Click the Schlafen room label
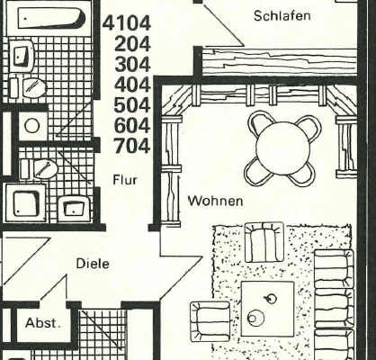(x=282, y=15)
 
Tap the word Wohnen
(x=214, y=200)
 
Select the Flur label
(x=124, y=180)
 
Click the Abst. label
(x=42, y=323)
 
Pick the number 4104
(x=127, y=22)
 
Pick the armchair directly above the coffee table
(x=264, y=242)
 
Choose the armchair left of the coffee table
(x=210, y=319)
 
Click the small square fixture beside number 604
(x=31, y=125)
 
